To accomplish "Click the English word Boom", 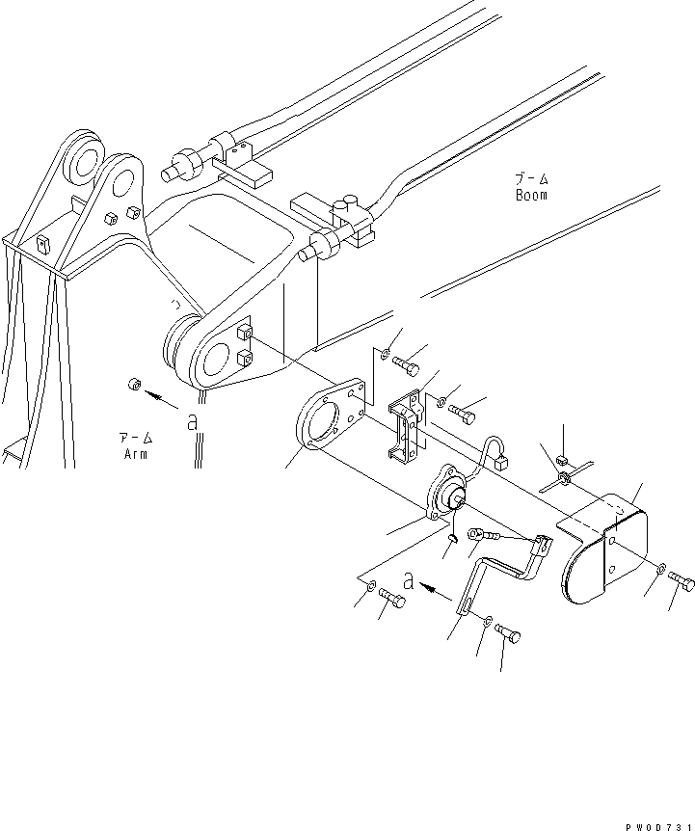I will point(530,195).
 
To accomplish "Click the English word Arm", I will point(135,454).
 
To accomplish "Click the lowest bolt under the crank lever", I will point(508,633).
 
